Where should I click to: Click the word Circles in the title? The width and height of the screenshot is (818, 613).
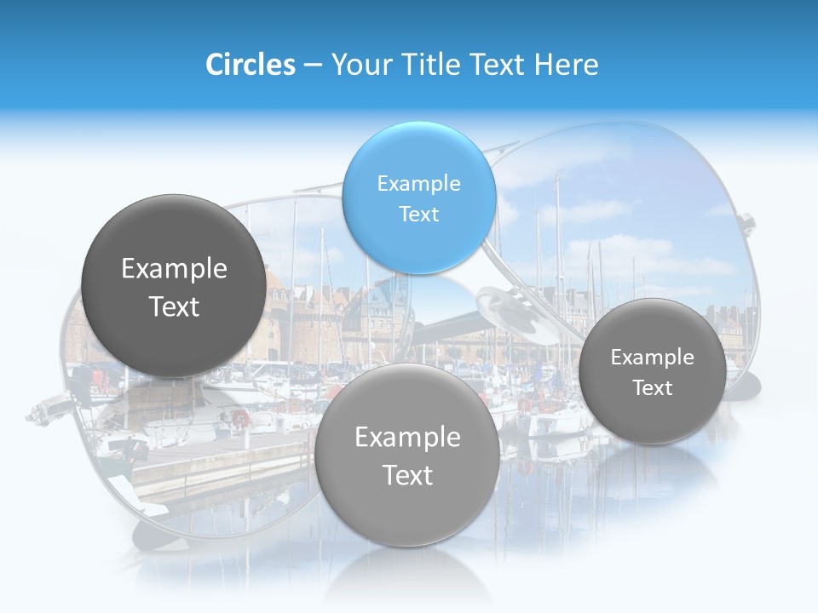250,65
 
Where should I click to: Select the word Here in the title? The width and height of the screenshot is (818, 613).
567,65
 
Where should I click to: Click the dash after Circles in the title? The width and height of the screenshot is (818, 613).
313,66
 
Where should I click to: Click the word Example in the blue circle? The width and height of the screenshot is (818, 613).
418,183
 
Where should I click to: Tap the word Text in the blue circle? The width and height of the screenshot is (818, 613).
418,214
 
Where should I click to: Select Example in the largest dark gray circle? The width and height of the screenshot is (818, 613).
174,268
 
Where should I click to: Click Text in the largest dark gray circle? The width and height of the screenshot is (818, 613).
174,306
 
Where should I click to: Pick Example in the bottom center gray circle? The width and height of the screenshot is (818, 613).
407,437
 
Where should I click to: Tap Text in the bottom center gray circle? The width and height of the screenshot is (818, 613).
407,475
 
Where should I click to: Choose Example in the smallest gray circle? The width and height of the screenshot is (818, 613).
652,357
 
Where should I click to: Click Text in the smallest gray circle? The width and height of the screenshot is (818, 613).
652,387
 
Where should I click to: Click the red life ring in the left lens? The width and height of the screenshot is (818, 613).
240,418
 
